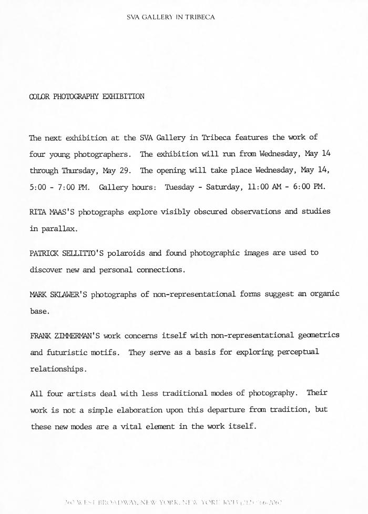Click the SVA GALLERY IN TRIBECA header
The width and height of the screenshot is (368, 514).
(x=171, y=17)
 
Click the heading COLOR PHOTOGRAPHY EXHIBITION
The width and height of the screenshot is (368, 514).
(x=87, y=97)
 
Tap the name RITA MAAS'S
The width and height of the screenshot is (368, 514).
(x=50, y=211)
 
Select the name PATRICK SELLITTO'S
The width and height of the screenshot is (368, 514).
(x=67, y=253)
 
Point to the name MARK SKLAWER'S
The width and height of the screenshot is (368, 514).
(x=58, y=294)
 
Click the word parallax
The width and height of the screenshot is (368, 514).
(x=60, y=228)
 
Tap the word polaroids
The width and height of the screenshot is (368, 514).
(x=127, y=253)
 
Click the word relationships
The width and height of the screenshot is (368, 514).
(x=57, y=369)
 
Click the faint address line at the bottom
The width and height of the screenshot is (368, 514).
(x=176, y=503)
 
